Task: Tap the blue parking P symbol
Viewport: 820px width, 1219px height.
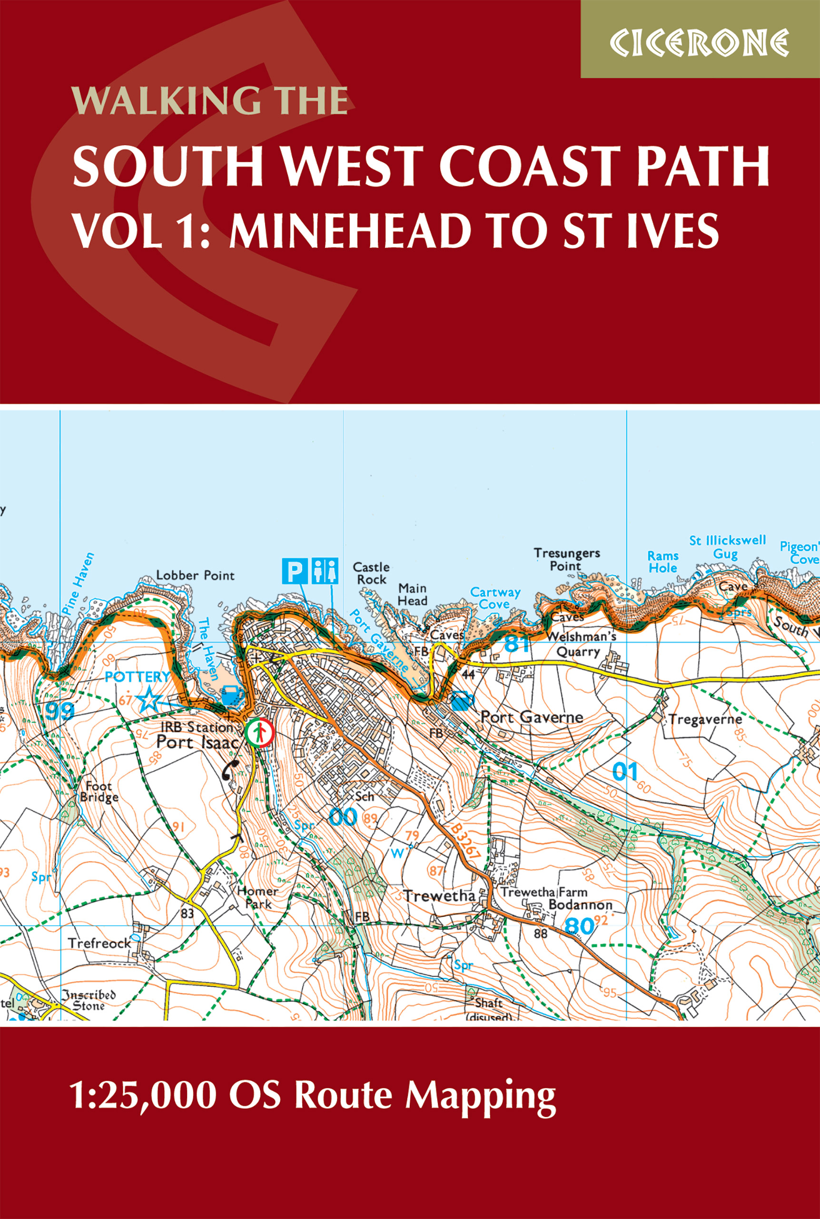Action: coord(295,571)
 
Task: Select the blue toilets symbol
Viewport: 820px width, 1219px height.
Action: coord(325,571)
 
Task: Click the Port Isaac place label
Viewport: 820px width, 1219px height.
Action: coord(197,742)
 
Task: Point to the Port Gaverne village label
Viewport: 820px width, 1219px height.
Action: coord(531,717)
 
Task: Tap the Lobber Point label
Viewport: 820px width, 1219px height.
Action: coord(195,576)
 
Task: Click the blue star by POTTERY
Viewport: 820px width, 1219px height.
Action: coord(149,699)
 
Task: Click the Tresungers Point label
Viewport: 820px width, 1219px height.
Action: coord(566,560)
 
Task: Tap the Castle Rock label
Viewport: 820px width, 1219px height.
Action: coord(371,573)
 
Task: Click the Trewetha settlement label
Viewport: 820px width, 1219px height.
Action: coord(439,896)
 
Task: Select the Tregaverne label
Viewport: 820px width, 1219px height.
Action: coord(705,720)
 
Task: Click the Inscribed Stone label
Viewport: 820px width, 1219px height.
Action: coord(88,1000)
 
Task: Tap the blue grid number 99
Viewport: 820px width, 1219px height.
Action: coord(59,711)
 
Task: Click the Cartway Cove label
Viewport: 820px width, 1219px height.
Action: coord(495,598)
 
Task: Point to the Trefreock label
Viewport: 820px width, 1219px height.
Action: coord(99,943)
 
